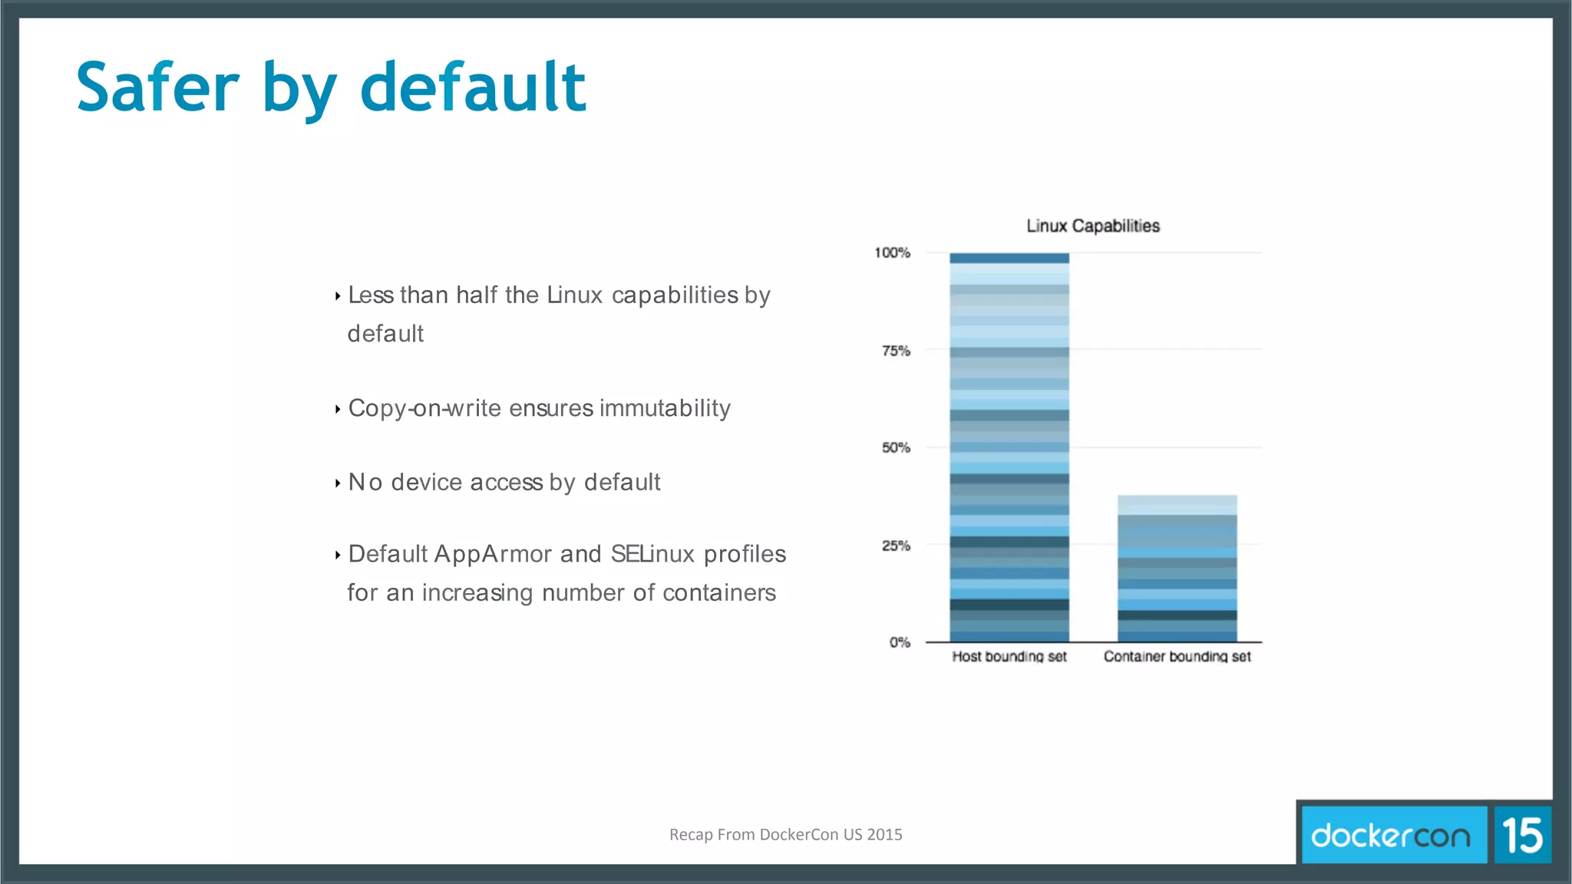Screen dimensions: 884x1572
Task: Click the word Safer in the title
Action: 157,88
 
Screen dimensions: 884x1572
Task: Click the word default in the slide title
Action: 473,88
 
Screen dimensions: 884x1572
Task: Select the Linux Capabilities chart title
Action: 1093,226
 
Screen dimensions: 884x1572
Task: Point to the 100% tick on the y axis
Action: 892,252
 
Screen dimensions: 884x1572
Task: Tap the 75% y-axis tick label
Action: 896,351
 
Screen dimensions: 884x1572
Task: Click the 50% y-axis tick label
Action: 896,447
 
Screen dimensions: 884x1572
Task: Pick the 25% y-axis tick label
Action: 896,546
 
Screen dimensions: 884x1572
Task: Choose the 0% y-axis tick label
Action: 900,642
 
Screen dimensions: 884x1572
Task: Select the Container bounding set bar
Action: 1177,569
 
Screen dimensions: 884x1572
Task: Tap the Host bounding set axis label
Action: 1009,656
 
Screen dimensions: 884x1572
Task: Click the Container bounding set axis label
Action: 1177,656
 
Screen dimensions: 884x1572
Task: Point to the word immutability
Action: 665,408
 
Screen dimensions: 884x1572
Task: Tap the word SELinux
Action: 652,554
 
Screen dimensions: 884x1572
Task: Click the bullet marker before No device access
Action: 338,483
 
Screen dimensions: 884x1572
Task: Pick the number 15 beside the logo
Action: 1522,835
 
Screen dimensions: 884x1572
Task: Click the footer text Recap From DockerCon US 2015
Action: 785,835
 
